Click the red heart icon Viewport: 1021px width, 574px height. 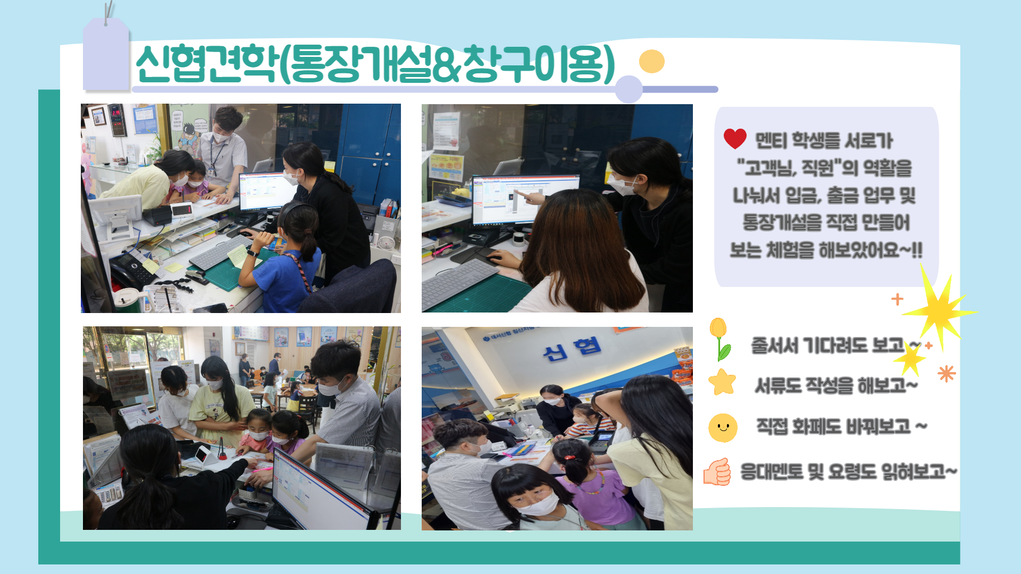point(735,139)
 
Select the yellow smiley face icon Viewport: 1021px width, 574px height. point(723,428)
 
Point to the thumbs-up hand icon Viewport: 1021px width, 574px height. point(717,471)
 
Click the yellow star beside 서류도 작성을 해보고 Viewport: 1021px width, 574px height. point(722,382)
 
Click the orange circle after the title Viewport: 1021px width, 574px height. point(651,61)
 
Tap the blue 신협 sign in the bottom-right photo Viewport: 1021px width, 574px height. point(572,349)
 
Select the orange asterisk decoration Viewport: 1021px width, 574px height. point(947,374)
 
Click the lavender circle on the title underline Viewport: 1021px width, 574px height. point(629,89)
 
